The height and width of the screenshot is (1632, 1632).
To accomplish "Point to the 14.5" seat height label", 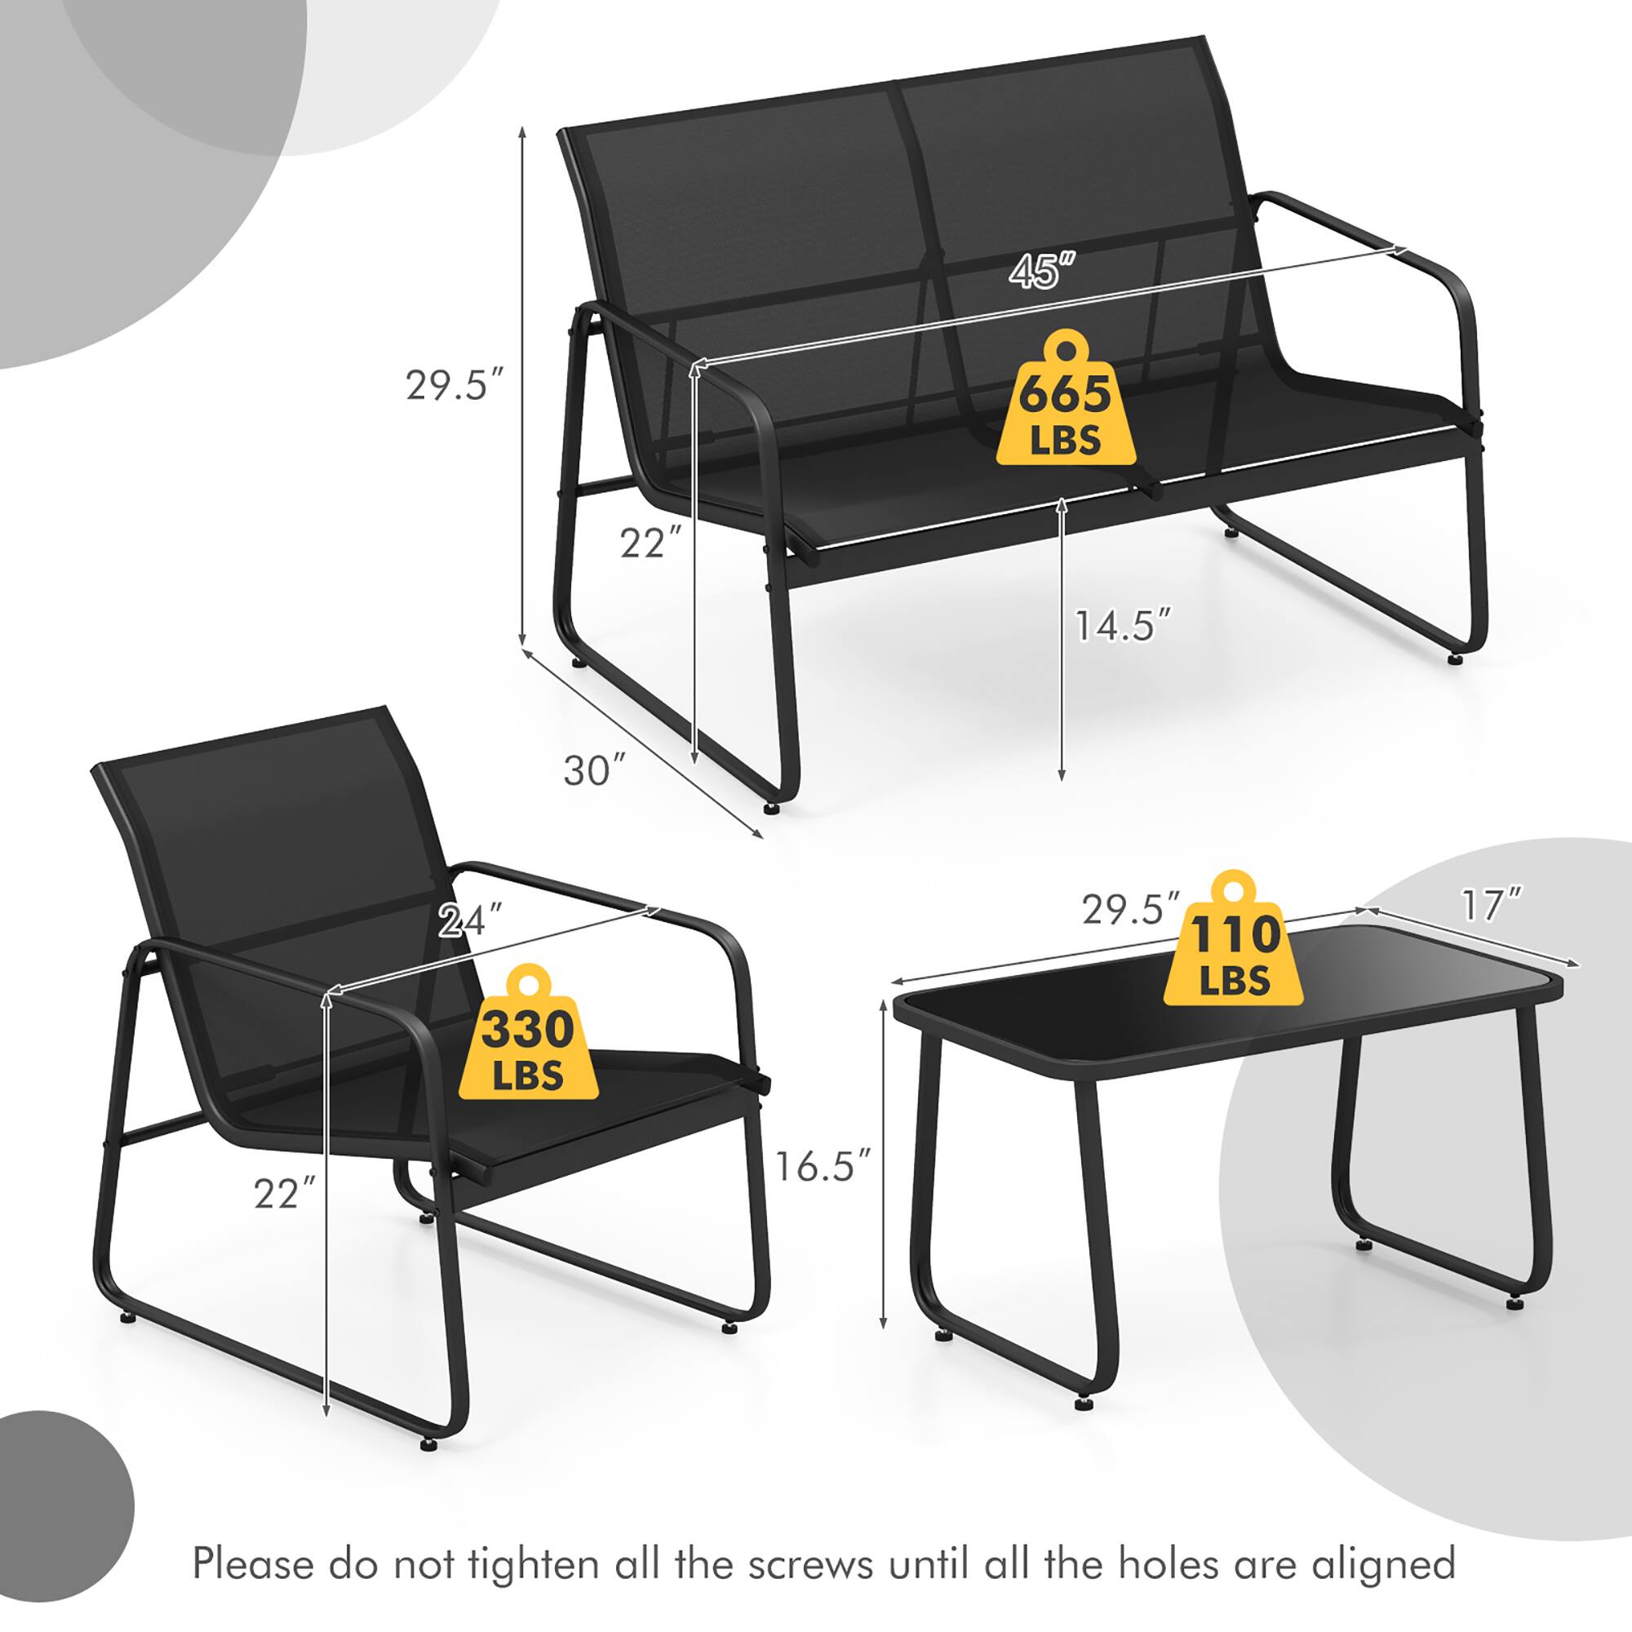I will pos(1124,626).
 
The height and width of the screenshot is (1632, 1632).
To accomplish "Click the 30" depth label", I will pos(595,770).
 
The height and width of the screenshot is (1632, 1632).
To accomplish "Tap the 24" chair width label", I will pos(472,920).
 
